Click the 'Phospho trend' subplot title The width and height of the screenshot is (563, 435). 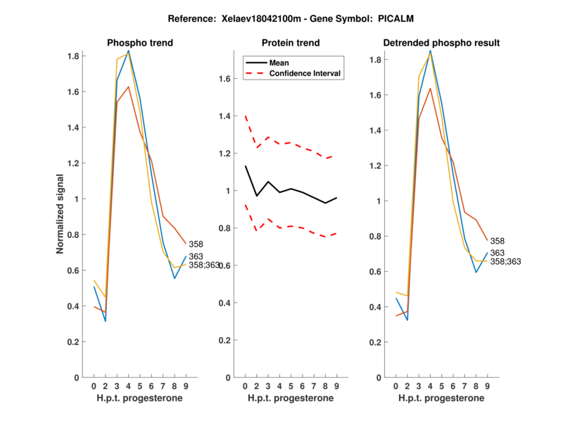(x=139, y=43)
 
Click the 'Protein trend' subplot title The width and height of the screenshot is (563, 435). (x=290, y=43)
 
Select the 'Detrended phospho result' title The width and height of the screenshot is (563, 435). (x=441, y=43)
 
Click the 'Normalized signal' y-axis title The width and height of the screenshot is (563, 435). (x=61, y=214)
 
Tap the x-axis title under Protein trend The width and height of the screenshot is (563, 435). (x=290, y=398)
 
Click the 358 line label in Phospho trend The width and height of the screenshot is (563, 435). (x=196, y=244)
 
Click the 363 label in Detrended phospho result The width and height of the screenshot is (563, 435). (x=497, y=253)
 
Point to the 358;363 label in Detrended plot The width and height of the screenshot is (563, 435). (x=505, y=262)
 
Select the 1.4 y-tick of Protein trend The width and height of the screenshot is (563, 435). (x=225, y=116)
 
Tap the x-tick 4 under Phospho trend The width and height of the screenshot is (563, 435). (x=128, y=386)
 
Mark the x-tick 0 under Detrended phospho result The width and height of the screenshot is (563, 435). (x=396, y=386)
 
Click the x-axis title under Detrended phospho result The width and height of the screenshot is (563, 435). (x=441, y=398)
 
